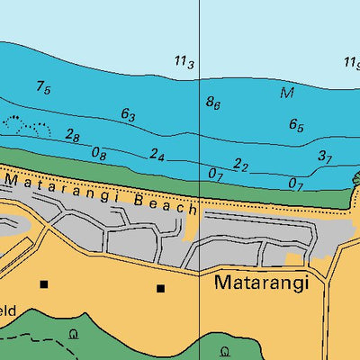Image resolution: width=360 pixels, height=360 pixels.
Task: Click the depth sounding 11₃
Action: point(184,61)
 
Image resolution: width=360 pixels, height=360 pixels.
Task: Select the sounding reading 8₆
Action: point(213,103)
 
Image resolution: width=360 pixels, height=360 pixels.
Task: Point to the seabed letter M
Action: point(288,94)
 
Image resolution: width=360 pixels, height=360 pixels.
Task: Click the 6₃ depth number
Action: point(128,115)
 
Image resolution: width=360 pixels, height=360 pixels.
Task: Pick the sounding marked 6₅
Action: point(296,126)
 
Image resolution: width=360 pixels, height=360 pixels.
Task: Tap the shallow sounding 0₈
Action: point(99,154)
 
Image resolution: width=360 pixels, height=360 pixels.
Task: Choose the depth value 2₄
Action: point(157,155)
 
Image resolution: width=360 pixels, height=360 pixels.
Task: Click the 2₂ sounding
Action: point(240,165)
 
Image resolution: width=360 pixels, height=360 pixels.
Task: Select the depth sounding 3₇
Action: point(325,157)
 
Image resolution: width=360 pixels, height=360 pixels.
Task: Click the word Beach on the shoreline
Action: point(167,202)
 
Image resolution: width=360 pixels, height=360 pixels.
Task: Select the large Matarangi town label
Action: point(261,283)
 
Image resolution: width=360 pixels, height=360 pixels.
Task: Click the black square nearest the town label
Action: point(161,289)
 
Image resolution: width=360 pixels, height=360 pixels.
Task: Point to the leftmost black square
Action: point(43,284)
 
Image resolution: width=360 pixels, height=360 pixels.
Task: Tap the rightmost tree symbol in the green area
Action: point(225,349)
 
